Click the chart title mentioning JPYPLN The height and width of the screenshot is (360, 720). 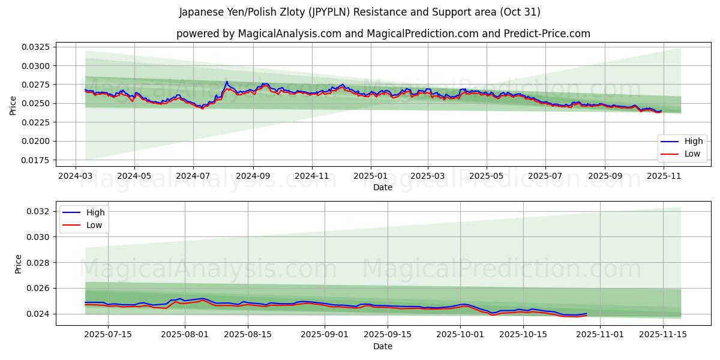[359, 12]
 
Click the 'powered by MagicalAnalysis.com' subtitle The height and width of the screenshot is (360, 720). [383, 34]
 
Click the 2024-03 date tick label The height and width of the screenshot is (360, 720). [75, 176]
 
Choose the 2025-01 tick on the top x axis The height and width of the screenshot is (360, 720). [370, 176]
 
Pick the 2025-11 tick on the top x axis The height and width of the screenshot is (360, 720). [663, 176]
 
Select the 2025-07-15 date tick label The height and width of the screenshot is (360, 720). [109, 335]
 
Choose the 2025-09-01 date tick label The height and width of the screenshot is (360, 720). [325, 335]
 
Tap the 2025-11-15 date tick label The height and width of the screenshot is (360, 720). [663, 335]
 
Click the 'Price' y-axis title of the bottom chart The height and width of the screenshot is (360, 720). [18, 264]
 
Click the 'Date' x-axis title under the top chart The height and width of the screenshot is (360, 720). [383, 187]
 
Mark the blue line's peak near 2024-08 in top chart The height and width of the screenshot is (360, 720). [227, 82]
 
